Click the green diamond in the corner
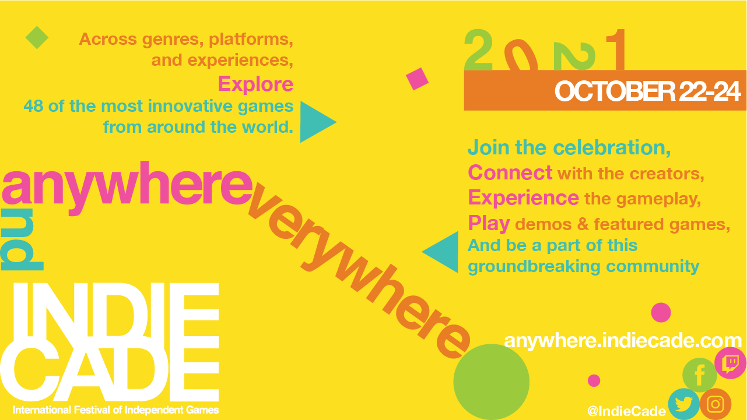[x=37, y=38]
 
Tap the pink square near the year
[x=417, y=79]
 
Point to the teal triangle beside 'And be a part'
[x=440, y=252]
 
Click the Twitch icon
[x=730, y=363]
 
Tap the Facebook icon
[x=700, y=375]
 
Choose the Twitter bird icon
[x=684, y=404]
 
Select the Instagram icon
[x=716, y=404]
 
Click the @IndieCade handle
[x=627, y=411]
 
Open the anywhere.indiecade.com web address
[x=623, y=340]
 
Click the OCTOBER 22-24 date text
[x=647, y=91]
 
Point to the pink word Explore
[x=256, y=84]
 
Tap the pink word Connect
[x=510, y=172]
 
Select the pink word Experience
[x=524, y=198]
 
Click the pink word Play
[x=489, y=223]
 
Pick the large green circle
[x=491, y=382]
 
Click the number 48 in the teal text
[x=33, y=106]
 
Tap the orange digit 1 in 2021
[x=616, y=50]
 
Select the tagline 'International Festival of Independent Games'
[x=115, y=410]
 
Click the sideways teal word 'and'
[x=22, y=239]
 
